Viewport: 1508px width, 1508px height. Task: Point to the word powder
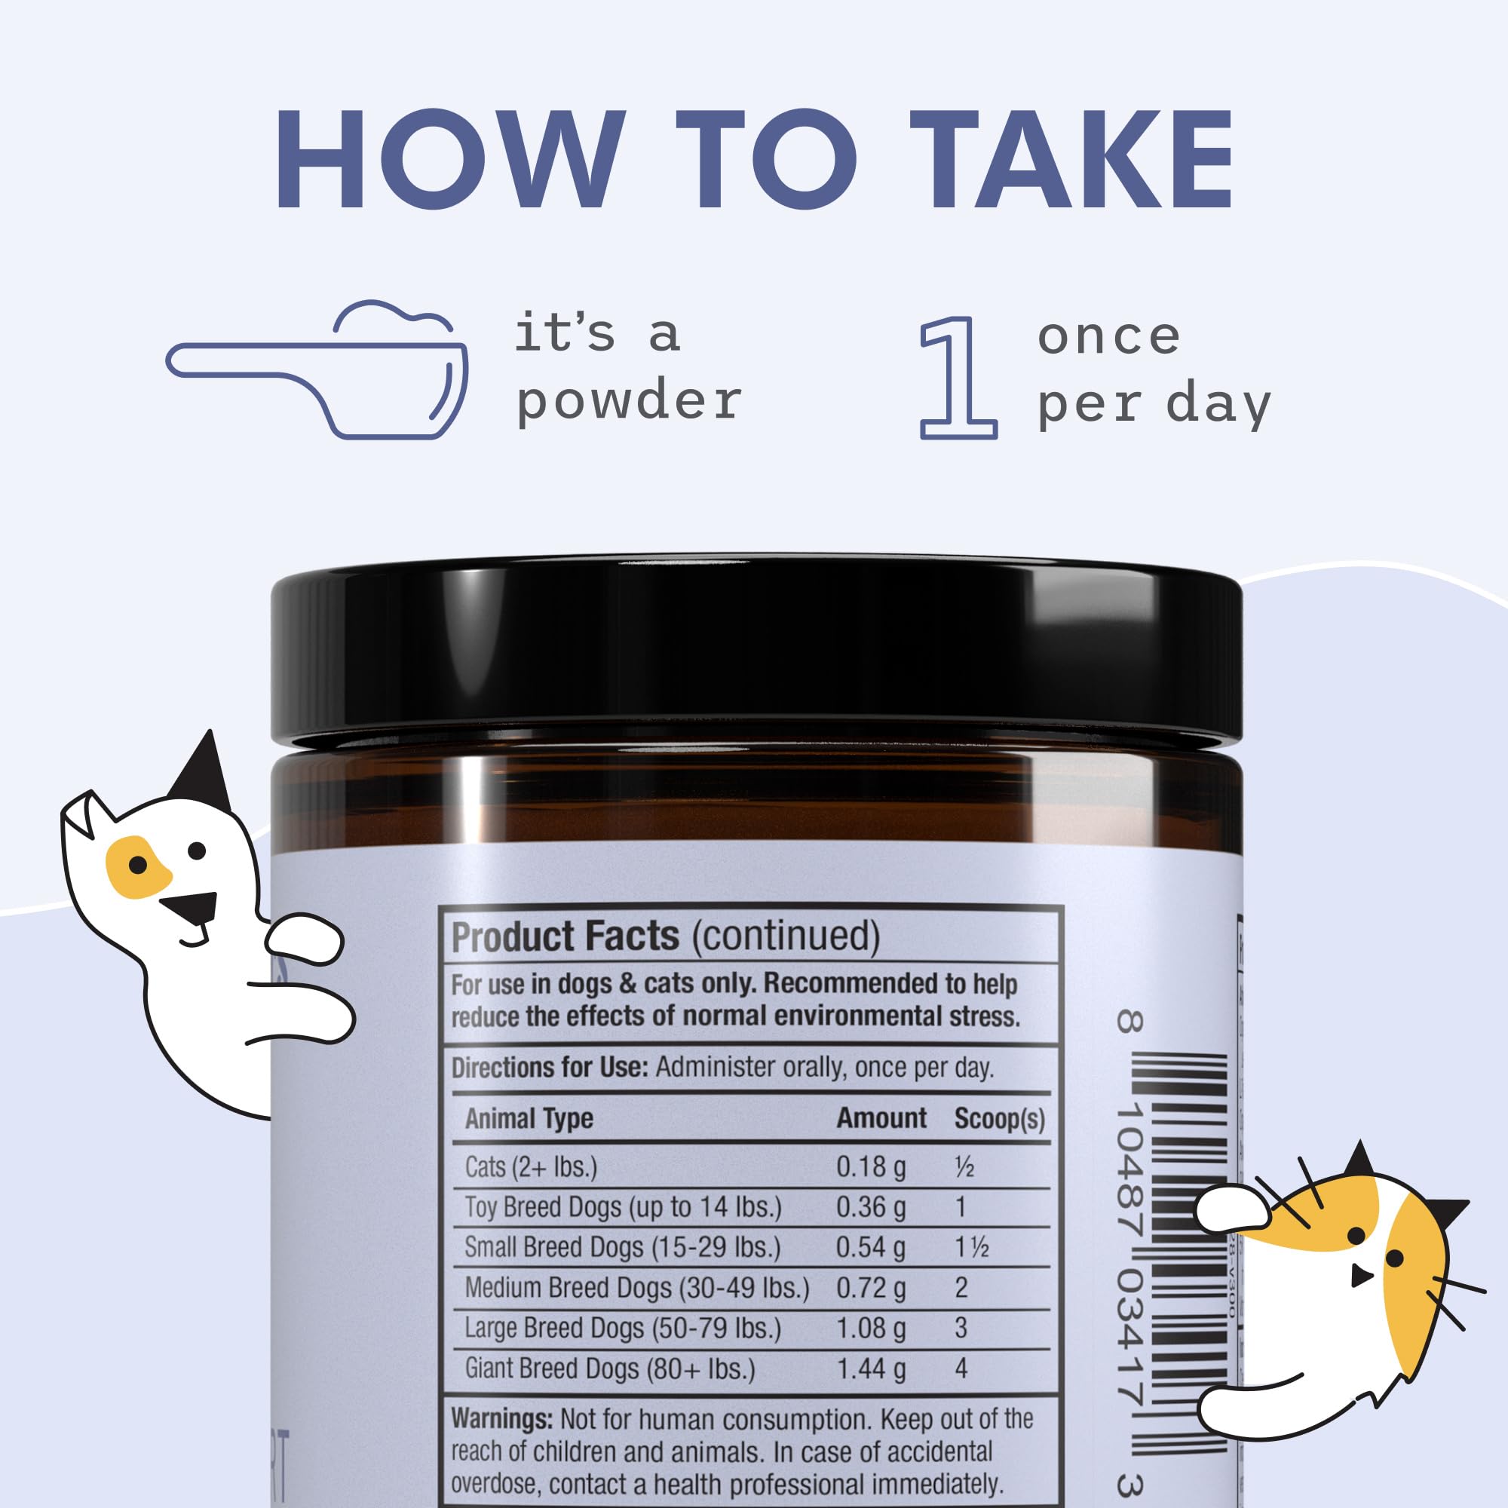click(x=628, y=400)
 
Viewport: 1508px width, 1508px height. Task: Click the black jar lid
click(x=756, y=651)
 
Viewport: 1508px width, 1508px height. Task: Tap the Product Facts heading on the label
click(x=565, y=936)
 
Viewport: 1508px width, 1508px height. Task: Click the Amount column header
click(x=881, y=1118)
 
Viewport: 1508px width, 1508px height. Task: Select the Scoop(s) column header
click(x=998, y=1118)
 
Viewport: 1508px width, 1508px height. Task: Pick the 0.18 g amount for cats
click(x=870, y=1167)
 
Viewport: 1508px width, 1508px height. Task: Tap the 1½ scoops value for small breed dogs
click(x=972, y=1247)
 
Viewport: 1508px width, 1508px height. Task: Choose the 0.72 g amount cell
click(x=870, y=1288)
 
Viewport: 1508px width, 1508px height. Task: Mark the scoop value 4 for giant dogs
click(x=961, y=1369)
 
